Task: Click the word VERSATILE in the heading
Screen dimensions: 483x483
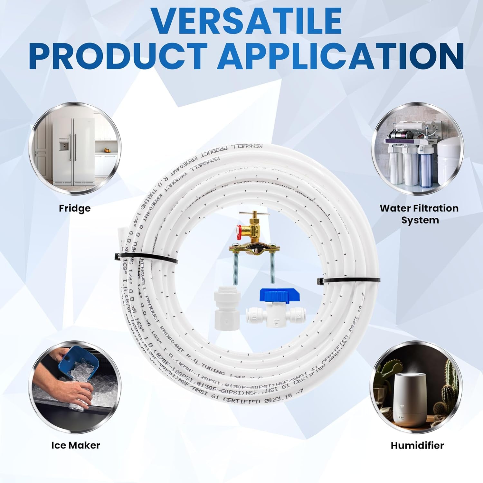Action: tap(246, 21)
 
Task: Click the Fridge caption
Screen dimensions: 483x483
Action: tap(75, 208)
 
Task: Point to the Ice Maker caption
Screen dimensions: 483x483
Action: tap(76, 445)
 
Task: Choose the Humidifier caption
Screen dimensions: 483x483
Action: tap(417, 445)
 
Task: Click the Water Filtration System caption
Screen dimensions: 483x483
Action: tap(419, 214)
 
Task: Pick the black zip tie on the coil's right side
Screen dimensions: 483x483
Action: tap(348, 281)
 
